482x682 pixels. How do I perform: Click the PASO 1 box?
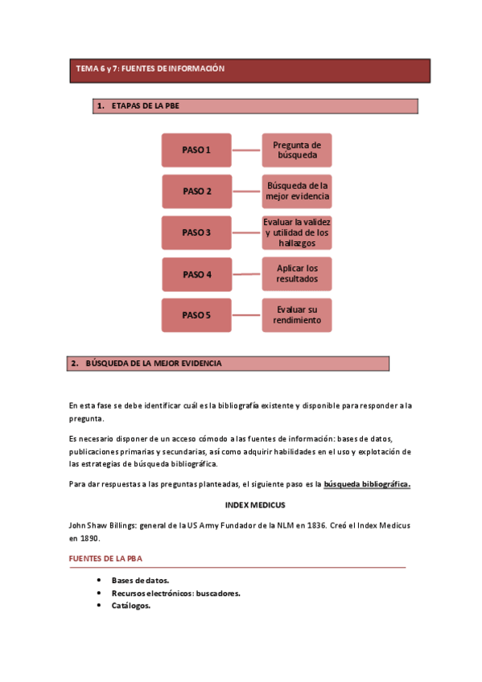click(x=196, y=150)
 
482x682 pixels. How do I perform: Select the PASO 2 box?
click(x=196, y=191)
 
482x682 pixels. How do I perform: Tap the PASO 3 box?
click(x=196, y=232)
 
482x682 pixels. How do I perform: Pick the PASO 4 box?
click(x=196, y=274)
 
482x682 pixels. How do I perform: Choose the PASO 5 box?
click(x=196, y=315)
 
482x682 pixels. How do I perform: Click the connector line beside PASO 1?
click(x=247, y=150)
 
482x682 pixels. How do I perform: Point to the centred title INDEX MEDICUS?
click(x=255, y=505)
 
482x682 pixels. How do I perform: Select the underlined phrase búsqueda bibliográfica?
click(x=366, y=484)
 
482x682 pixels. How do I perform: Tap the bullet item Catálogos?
click(x=130, y=606)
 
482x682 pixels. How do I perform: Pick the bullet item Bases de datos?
click(x=140, y=580)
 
